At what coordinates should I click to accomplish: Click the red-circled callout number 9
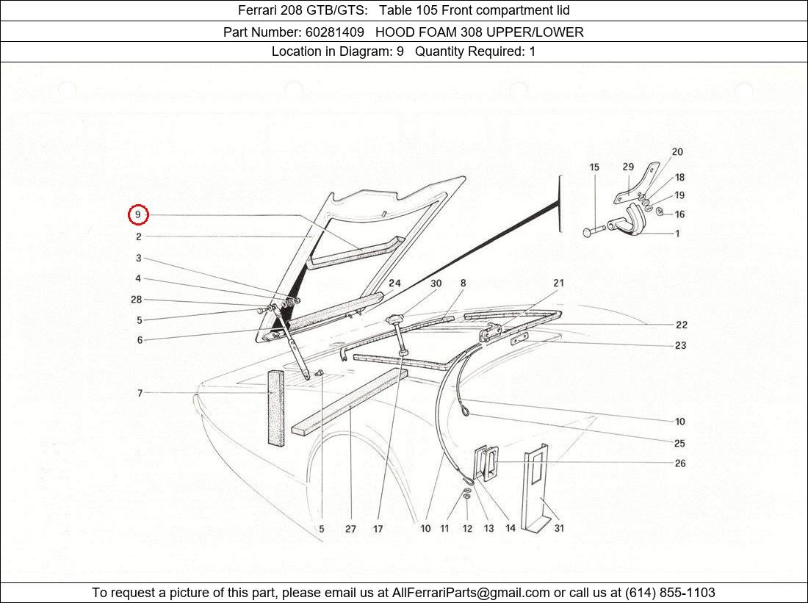click(x=137, y=215)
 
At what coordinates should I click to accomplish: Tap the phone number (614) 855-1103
click(x=669, y=593)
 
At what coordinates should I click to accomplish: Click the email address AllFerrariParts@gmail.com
click(x=471, y=593)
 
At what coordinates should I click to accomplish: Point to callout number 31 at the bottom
click(x=558, y=528)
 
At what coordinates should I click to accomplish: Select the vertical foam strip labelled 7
click(x=275, y=408)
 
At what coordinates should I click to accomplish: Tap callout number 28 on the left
click(x=136, y=300)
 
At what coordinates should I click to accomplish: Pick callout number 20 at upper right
click(x=677, y=152)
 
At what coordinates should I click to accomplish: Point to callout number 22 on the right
click(x=681, y=325)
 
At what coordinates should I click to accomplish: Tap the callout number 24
click(x=394, y=284)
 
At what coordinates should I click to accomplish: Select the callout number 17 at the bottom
click(x=378, y=528)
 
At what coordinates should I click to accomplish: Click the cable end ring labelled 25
click(x=466, y=416)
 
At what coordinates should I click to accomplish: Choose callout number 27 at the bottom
click(x=350, y=528)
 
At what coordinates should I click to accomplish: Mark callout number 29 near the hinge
click(x=628, y=167)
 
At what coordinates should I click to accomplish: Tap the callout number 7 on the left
click(x=140, y=394)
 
